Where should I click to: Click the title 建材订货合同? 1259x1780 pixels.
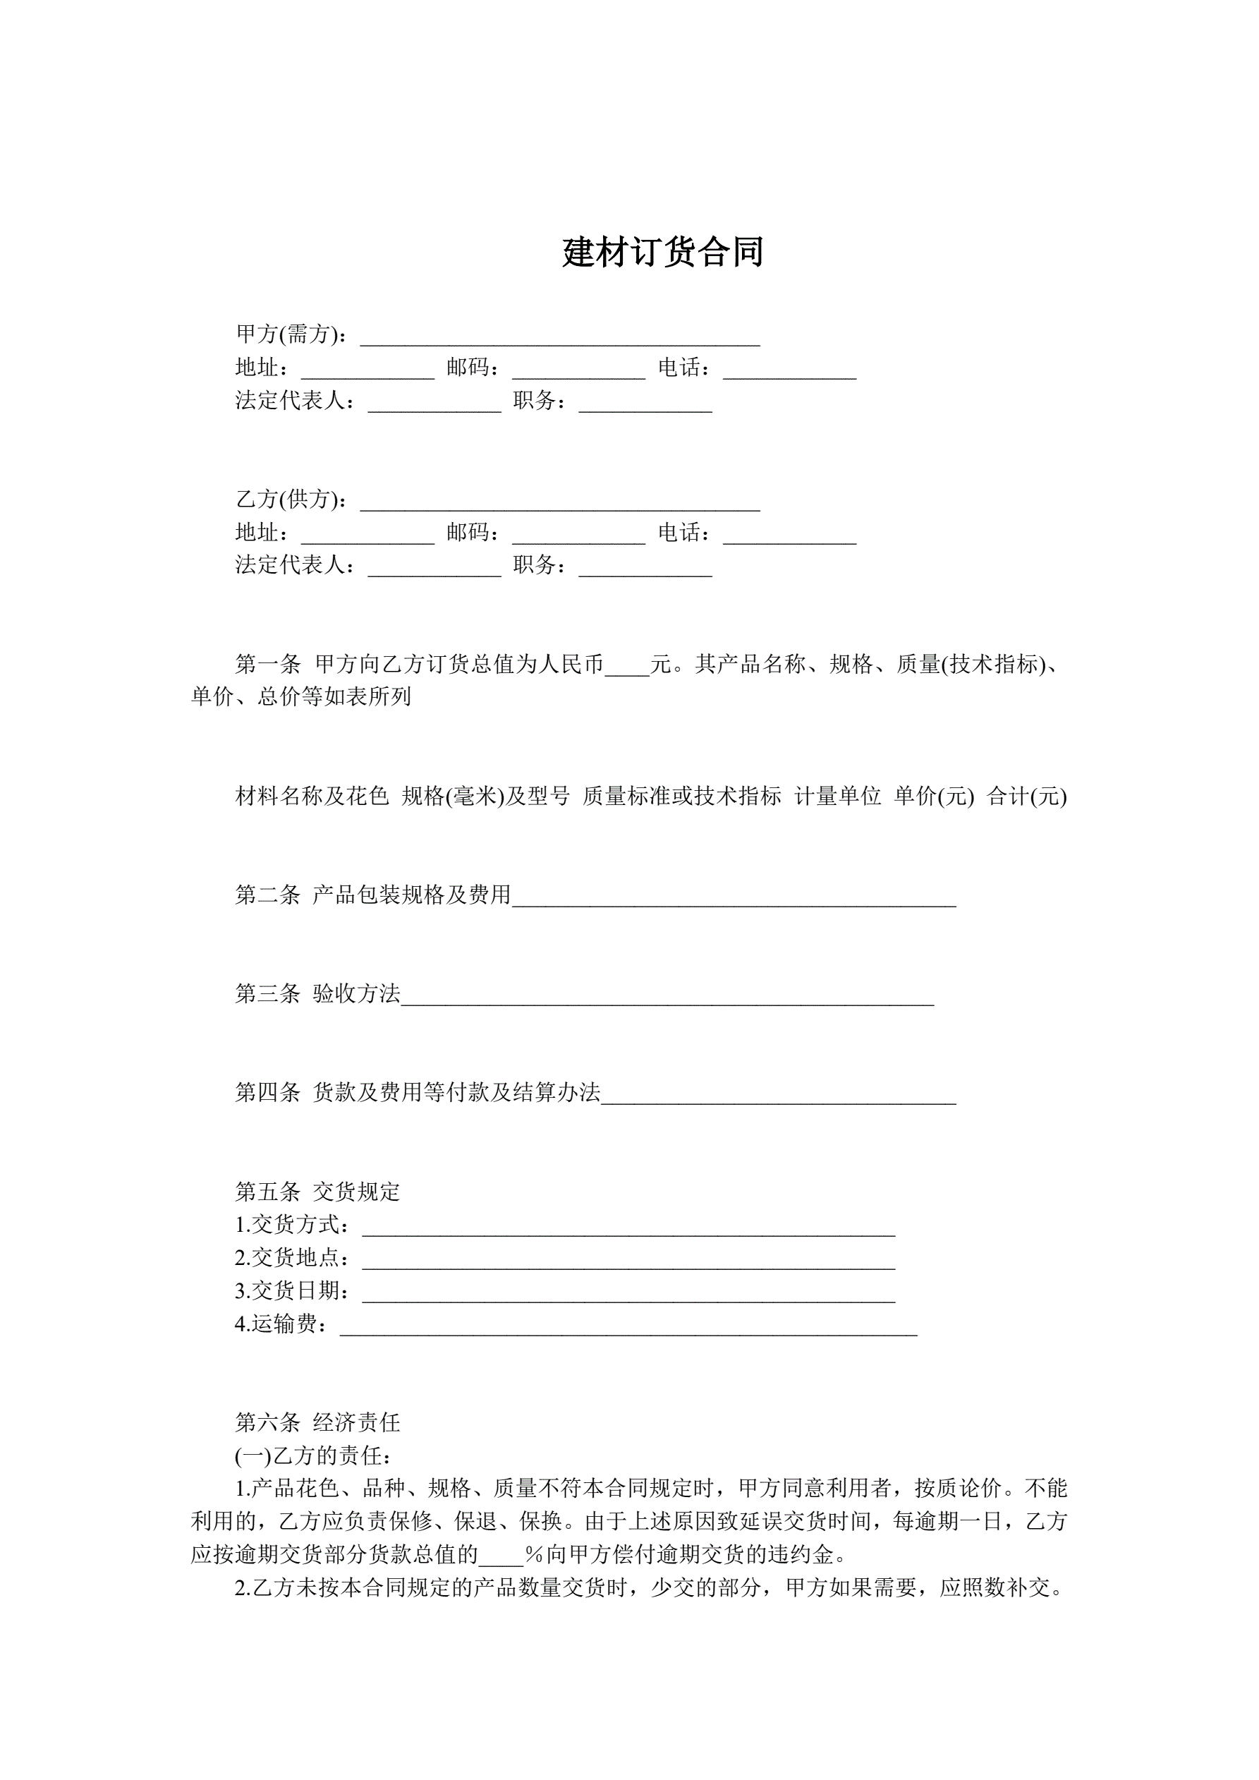(663, 253)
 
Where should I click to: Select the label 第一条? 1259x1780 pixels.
(267, 665)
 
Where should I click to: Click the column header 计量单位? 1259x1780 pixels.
(837, 797)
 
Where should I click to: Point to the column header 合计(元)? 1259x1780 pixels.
(1026, 797)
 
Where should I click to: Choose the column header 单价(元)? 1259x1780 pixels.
(933, 797)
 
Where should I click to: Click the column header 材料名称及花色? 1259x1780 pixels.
(312, 797)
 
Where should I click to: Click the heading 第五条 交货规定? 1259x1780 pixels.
(318, 1192)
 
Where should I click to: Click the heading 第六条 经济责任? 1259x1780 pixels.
(318, 1422)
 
